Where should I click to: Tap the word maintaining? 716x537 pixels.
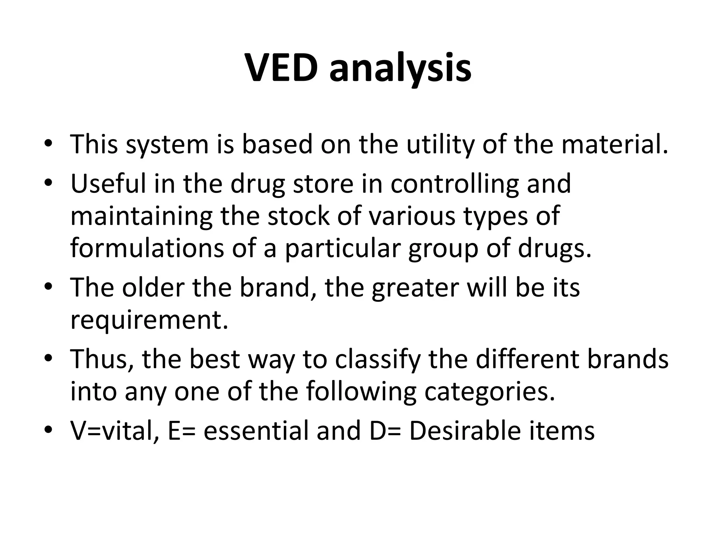tap(141, 216)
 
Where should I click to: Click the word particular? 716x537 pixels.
tap(342, 248)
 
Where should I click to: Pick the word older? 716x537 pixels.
tap(152, 287)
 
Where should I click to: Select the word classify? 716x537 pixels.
tap(377, 359)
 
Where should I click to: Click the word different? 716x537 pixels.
tap(527, 359)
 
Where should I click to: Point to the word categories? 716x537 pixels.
tap(489, 392)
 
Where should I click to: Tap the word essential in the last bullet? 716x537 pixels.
tap(256, 431)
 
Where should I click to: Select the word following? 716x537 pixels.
tap(361, 392)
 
